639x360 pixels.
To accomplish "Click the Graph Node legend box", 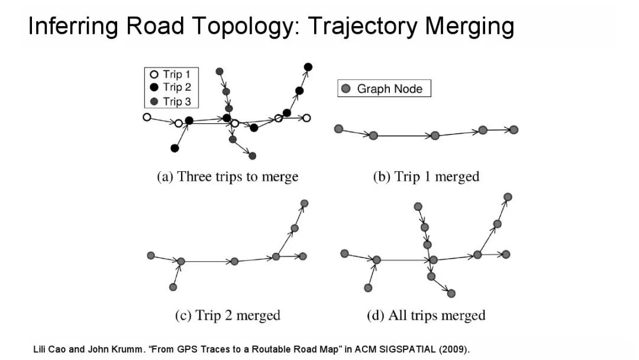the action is (384, 89).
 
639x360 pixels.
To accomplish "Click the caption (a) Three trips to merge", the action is (227, 176).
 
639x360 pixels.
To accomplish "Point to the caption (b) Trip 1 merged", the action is (426, 176).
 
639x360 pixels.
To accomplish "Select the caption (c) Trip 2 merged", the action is (227, 316).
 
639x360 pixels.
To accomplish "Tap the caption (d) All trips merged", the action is (426, 316).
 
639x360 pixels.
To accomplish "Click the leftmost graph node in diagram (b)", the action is (338, 128).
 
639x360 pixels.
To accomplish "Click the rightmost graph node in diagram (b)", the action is (514, 130).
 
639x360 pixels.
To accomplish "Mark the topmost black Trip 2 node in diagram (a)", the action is (308, 67).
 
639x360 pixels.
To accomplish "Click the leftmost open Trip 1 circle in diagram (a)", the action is (147, 117).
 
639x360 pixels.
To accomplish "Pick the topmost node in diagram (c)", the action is (305, 204).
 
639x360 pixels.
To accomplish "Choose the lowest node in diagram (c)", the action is (173, 287).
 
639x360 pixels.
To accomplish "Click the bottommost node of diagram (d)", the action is (451, 293).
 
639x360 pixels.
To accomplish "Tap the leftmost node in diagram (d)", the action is (344, 253).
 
